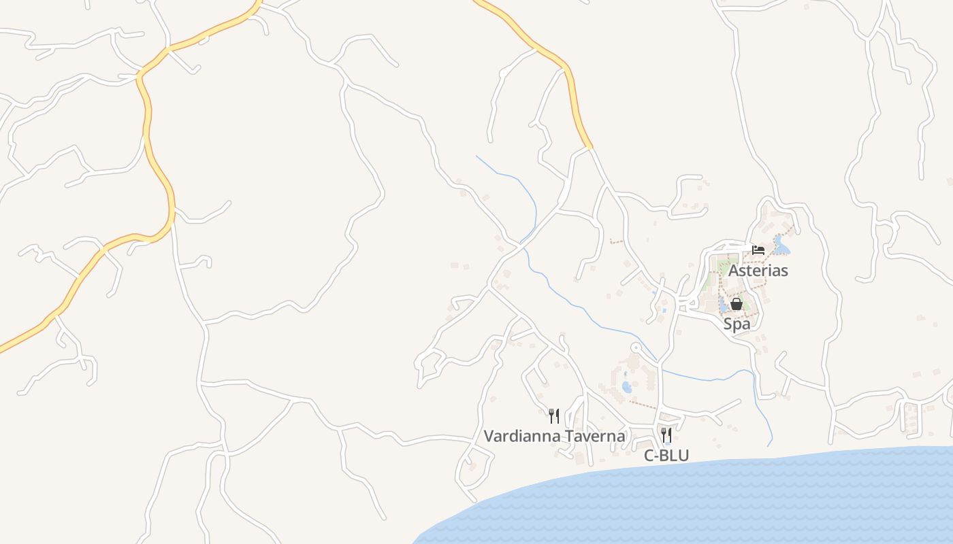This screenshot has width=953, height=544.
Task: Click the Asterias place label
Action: pyautogui.click(x=758, y=271)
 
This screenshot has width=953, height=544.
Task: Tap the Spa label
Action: pyautogui.click(x=737, y=324)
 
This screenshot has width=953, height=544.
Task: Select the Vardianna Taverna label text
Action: pyautogui.click(x=554, y=436)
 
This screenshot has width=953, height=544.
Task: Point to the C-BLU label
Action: pyautogui.click(x=666, y=456)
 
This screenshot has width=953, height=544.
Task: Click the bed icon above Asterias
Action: pyautogui.click(x=758, y=250)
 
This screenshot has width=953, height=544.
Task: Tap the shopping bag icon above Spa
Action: pyautogui.click(x=736, y=304)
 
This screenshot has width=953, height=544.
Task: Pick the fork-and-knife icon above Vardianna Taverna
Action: pyautogui.click(x=554, y=415)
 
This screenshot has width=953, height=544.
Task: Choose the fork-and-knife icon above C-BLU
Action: pyautogui.click(x=666, y=435)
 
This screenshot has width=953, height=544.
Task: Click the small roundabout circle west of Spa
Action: pyautogui.click(x=636, y=348)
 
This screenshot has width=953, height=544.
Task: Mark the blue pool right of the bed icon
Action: pyautogui.click(x=781, y=248)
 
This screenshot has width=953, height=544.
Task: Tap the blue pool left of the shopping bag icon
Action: pyautogui.click(x=723, y=305)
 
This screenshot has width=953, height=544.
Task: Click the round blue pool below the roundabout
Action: pyautogui.click(x=626, y=388)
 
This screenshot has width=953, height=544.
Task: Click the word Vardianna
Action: pyautogui.click(x=521, y=436)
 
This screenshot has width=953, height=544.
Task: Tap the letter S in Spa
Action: pyautogui.click(x=728, y=324)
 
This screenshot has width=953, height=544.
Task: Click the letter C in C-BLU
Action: pyautogui.click(x=649, y=456)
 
